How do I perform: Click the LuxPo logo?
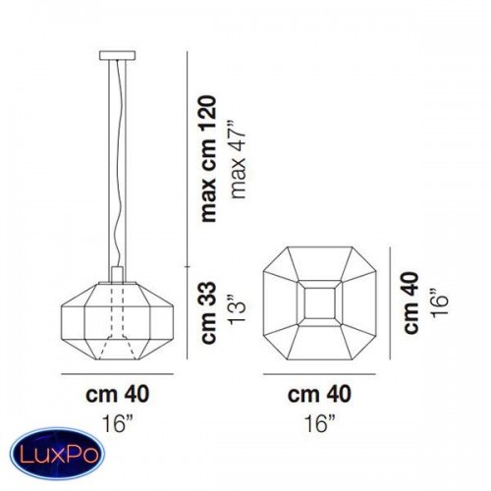(x=57, y=454)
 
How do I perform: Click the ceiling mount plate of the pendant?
(x=117, y=56)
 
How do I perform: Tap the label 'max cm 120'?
(x=209, y=159)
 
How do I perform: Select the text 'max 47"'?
(x=239, y=160)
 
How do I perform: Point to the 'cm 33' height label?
(x=209, y=312)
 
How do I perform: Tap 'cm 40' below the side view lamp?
(x=117, y=394)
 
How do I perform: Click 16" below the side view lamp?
(x=118, y=423)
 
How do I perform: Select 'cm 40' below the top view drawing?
(x=319, y=394)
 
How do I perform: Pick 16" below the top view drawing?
(x=320, y=423)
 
